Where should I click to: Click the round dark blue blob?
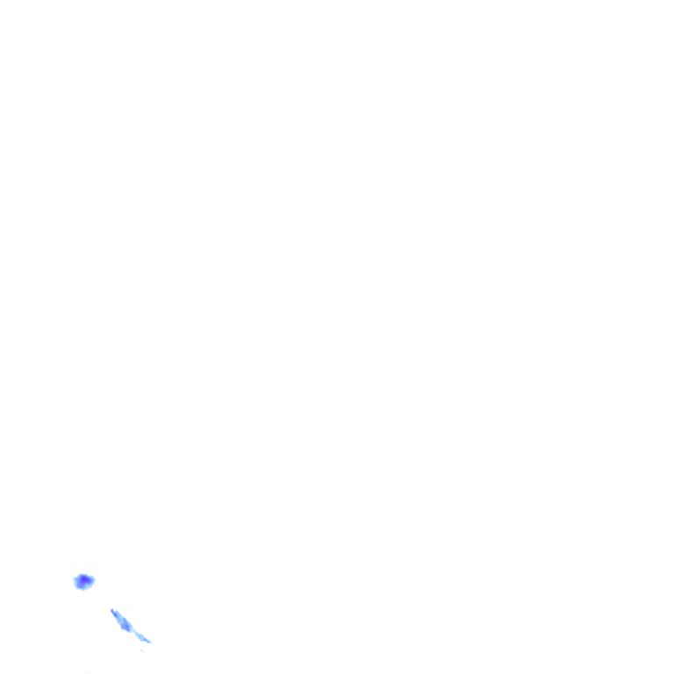pos(83,581)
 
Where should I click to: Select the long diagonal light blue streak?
pos(126,625)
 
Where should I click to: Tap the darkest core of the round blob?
pos(84,579)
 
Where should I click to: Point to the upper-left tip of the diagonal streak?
pos(111,610)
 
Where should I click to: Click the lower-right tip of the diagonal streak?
pos(149,642)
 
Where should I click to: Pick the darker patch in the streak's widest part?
pos(125,625)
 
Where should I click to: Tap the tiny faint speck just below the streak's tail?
pos(143,650)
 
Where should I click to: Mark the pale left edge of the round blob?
pos(75,580)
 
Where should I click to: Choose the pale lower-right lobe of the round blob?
pos(90,584)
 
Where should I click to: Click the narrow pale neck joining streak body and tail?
pos(133,632)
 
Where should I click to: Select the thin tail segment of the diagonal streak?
pos(142,637)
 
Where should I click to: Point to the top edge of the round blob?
pos(83,574)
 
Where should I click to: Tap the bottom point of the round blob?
pos(82,589)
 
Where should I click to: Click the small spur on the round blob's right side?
pos(93,579)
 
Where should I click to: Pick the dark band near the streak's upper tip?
pos(115,613)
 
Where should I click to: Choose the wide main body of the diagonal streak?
pos(124,623)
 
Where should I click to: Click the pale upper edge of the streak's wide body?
pos(125,620)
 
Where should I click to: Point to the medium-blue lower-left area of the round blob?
pos(79,584)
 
